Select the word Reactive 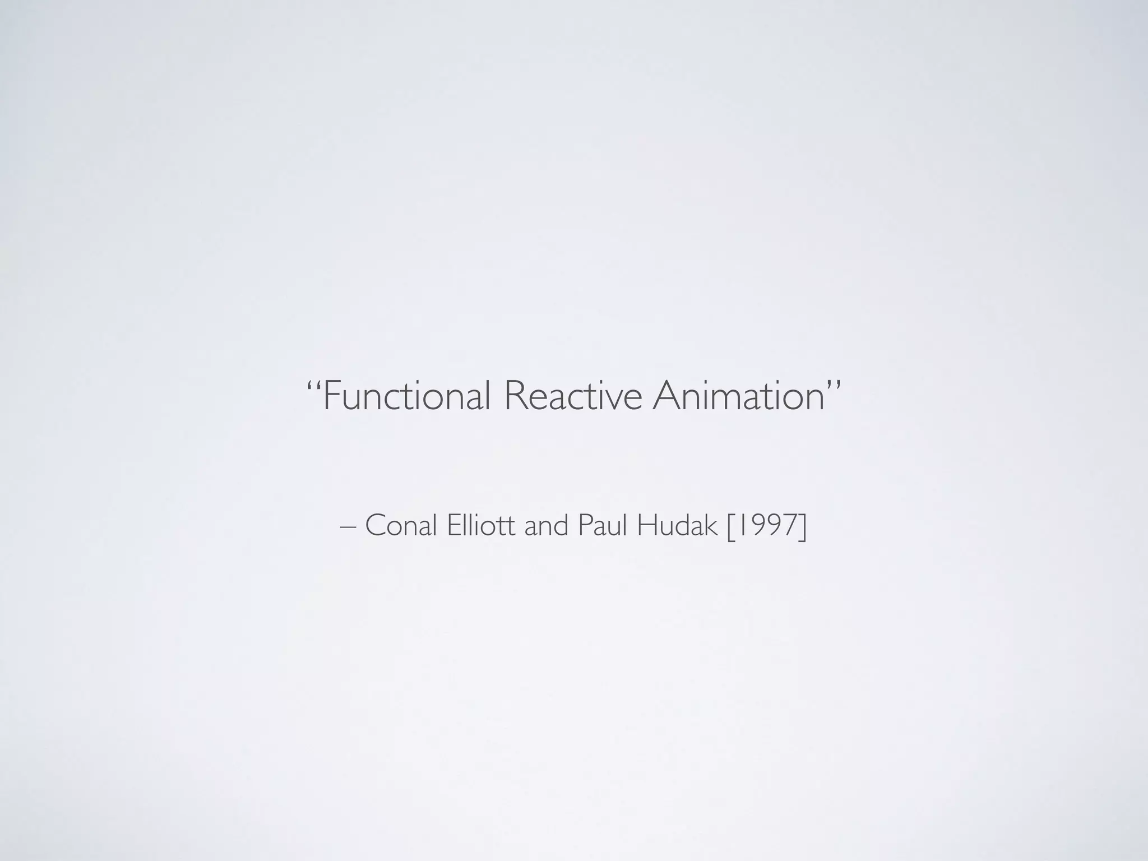pos(572,396)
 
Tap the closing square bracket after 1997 pos(803,527)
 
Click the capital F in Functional pos(332,396)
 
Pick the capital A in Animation pos(666,396)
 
